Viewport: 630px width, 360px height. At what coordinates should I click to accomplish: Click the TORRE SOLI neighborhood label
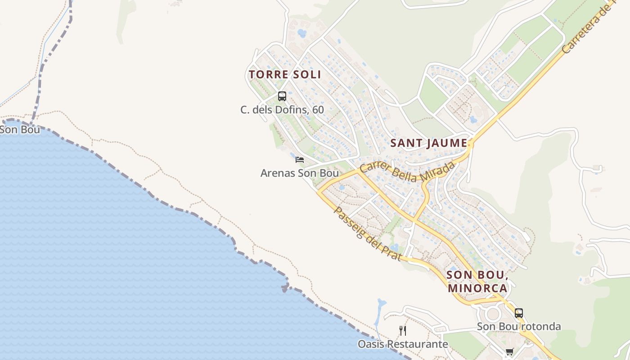pyautogui.click(x=285, y=74)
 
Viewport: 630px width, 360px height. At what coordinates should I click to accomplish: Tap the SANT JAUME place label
pyautogui.click(x=428, y=143)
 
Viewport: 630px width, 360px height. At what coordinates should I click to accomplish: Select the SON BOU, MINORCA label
pyautogui.click(x=477, y=282)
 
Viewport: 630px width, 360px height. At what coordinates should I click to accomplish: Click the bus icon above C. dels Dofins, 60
pyautogui.click(x=282, y=96)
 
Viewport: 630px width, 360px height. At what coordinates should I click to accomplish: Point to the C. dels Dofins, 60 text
pyautogui.click(x=282, y=109)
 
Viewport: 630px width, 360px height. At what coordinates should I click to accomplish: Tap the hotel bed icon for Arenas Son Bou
pyautogui.click(x=300, y=160)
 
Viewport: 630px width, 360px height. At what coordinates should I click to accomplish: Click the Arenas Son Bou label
pyautogui.click(x=300, y=173)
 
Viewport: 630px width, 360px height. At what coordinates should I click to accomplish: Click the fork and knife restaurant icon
pyautogui.click(x=403, y=331)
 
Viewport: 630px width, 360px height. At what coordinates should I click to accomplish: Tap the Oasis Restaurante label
pyautogui.click(x=403, y=344)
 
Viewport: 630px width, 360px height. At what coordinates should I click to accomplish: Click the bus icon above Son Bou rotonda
pyautogui.click(x=519, y=313)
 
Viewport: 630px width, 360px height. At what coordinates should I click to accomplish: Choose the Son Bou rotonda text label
pyautogui.click(x=519, y=326)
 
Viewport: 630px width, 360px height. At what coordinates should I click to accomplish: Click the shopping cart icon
pyautogui.click(x=509, y=352)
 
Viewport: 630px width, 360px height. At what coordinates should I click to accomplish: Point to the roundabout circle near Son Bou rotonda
pyautogui.click(x=493, y=314)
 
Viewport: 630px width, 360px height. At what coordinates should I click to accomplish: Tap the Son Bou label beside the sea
pyautogui.click(x=20, y=130)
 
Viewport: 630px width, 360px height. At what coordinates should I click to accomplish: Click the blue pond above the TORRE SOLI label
pyautogui.click(x=302, y=33)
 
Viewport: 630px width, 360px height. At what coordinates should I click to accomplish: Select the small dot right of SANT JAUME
pyautogui.click(x=471, y=144)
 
